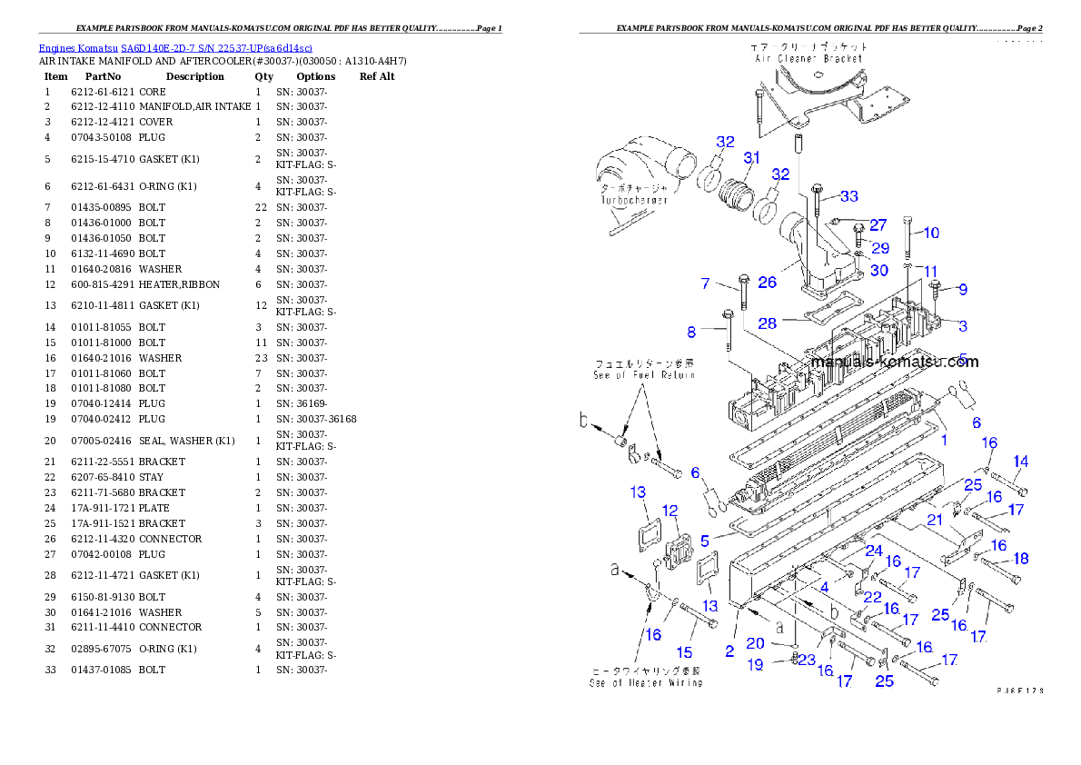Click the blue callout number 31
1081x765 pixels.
[751, 158]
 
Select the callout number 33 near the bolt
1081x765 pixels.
[848, 196]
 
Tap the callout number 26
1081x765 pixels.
[768, 283]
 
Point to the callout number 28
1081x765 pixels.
[768, 323]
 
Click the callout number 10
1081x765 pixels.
[931, 233]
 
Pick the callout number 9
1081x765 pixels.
[962, 290]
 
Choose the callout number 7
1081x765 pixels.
[705, 284]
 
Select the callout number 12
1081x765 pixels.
[669, 511]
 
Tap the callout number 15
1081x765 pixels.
[685, 652]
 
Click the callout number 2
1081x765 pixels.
[729, 651]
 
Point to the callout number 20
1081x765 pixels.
[755, 643]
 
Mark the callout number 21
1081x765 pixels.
[935, 519]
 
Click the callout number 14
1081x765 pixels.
[1021, 462]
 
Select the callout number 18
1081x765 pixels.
[1021, 559]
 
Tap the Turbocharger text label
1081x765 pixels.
[633, 200]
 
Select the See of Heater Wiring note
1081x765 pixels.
[646, 682]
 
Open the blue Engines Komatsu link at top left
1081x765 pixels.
[175, 47]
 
